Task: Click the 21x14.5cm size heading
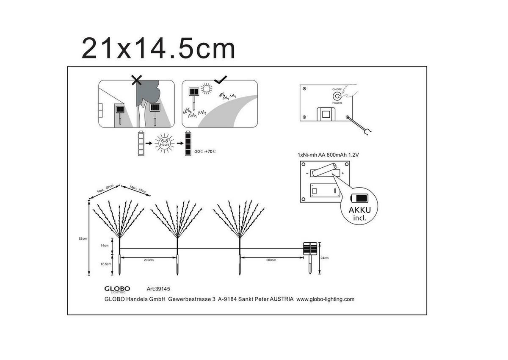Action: click(158, 48)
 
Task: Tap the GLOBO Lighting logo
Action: click(117, 289)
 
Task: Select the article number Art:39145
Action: click(158, 289)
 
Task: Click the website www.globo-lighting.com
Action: click(325, 299)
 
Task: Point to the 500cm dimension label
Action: click(271, 260)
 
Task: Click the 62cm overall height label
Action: click(83, 238)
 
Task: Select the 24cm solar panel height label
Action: click(325, 258)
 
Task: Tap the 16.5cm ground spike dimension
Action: click(106, 264)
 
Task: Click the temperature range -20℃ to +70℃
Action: click(204, 151)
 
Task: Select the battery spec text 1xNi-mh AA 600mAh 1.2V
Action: click(329, 155)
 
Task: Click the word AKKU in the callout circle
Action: click(359, 210)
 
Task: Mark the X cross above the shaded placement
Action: click(136, 80)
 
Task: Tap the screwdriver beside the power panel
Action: click(360, 126)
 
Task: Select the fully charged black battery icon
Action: click(188, 144)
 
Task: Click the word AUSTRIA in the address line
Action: click(282, 299)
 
